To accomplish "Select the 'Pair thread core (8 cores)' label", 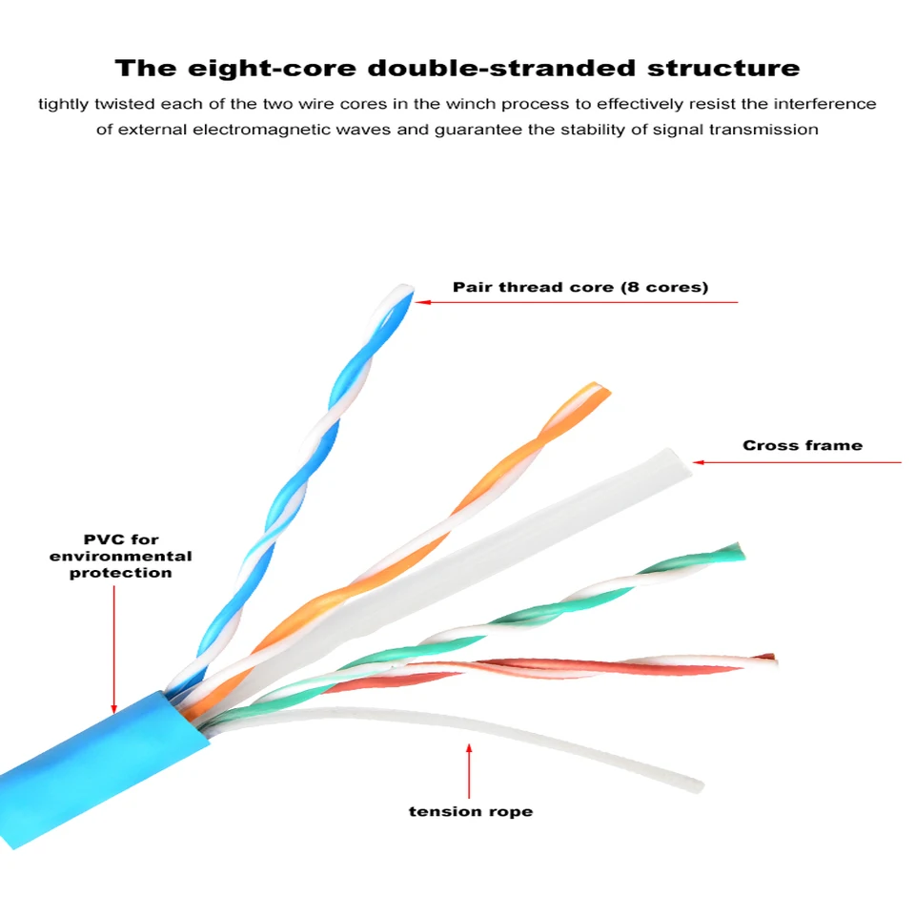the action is pyautogui.click(x=580, y=287).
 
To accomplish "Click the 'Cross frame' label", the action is pyautogui.click(x=803, y=445).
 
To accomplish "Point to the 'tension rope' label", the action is pyautogui.click(x=470, y=812).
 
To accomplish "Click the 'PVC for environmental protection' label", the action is pyautogui.click(x=120, y=557).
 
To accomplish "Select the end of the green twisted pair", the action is pyautogui.click(x=736, y=550).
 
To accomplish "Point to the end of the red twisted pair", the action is pyautogui.click(x=770, y=658).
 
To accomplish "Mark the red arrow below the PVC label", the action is pyautogui.click(x=113, y=648).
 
